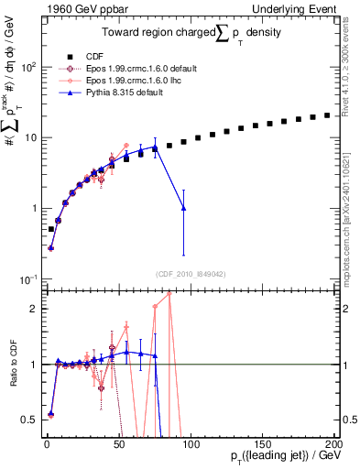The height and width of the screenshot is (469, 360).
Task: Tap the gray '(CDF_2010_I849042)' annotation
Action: [x=189, y=273]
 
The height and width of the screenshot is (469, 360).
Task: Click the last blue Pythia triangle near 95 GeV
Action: [x=184, y=208]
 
